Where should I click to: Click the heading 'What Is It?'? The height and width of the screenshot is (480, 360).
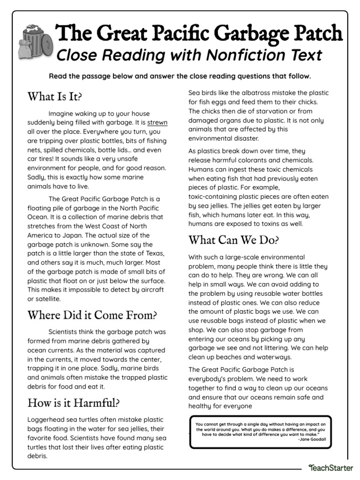(54, 97)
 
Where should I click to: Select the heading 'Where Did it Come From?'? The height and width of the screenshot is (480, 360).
(92, 315)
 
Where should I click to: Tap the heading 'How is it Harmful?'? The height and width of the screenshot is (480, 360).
(73, 402)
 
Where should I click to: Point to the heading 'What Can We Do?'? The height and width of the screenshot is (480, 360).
(233, 240)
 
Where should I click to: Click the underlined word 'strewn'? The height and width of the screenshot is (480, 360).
(157, 122)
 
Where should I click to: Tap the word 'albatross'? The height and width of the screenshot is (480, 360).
(246, 93)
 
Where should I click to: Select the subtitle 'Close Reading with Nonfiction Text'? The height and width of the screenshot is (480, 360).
(189, 55)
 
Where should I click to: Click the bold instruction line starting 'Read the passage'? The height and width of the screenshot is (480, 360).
(180, 76)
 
